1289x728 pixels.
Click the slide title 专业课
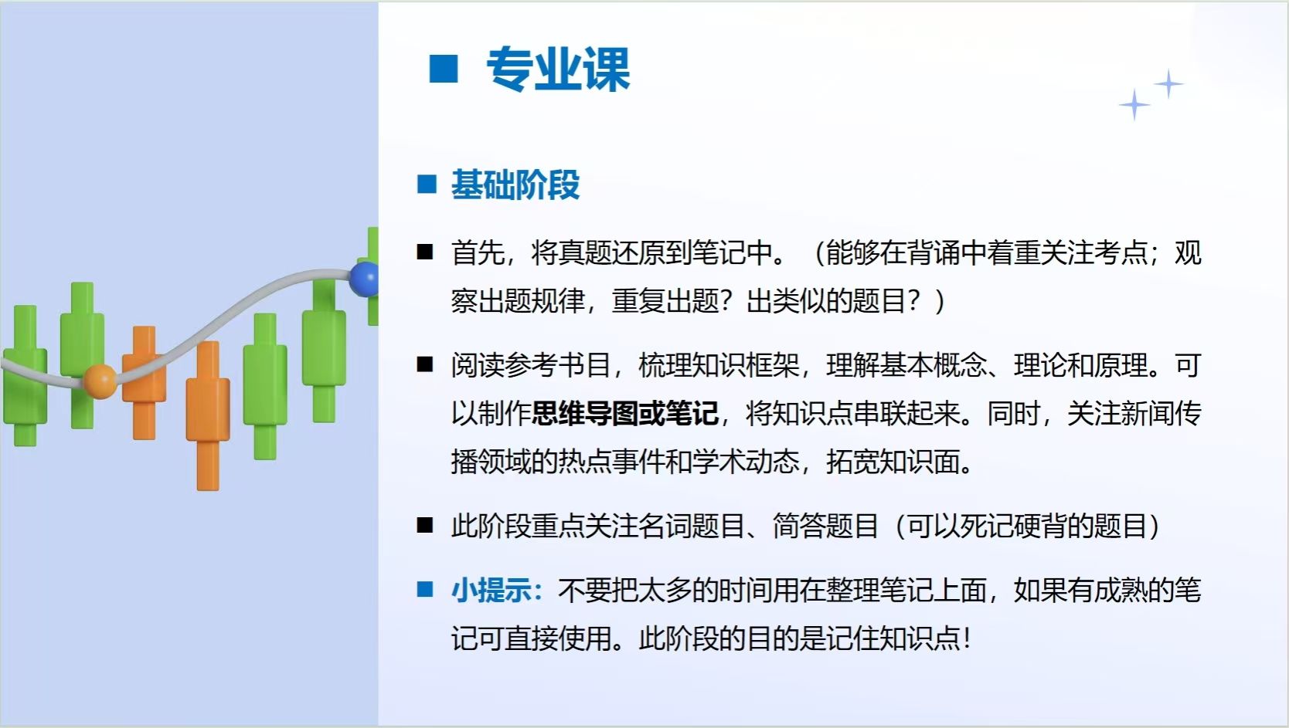point(558,69)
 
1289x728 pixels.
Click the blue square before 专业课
point(443,69)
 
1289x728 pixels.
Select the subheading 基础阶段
point(515,185)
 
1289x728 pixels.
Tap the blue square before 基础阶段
point(427,185)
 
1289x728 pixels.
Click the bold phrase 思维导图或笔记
point(625,414)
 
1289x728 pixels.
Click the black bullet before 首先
point(425,252)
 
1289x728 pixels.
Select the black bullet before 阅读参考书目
point(425,364)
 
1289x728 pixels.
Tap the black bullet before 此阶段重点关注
point(425,525)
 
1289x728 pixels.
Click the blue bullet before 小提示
point(425,589)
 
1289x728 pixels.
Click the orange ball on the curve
point(100,381)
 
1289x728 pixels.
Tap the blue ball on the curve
point(364,279)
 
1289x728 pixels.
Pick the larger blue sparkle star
point(1134,105)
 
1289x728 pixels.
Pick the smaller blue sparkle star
point(1168,84)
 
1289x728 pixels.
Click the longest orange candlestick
point(208,416)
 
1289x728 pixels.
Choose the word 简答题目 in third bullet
point(825,526)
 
